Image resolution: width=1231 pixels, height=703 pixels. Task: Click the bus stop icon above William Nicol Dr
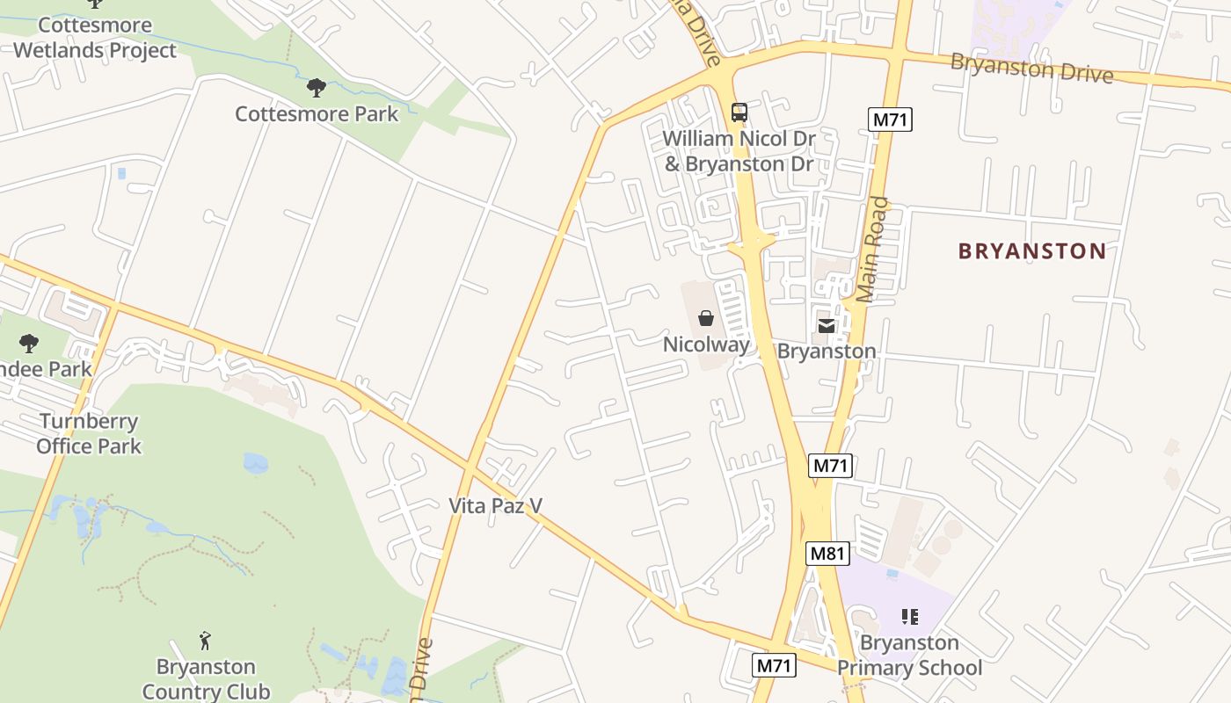[739, 112]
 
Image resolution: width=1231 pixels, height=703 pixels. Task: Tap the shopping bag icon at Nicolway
[706, 318]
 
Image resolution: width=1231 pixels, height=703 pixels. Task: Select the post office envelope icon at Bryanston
[826, 326]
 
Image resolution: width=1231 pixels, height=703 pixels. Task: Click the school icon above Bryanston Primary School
[910, 617]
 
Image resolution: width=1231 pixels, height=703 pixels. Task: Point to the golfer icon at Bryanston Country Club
[205, 640]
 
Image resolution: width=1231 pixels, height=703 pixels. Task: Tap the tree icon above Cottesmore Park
[317, 88]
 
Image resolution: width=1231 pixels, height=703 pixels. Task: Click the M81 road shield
[827, 554]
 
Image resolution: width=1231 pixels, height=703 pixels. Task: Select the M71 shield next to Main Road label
[890, 120]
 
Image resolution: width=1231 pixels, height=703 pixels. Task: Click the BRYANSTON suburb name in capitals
[1032, 251]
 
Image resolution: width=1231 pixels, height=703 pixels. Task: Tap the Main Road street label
[872, 250]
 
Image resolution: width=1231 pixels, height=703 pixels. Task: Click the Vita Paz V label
[496, 506]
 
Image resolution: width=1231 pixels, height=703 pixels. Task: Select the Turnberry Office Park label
[89, 433]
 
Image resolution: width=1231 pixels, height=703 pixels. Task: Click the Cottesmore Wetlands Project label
[95, 38]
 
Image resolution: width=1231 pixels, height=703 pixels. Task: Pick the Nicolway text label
[707, 344]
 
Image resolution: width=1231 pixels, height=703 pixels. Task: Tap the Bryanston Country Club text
[206, 678]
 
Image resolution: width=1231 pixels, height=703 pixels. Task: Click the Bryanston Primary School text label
[909, 656]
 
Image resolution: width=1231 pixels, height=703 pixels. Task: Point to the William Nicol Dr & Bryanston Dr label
[739, 151]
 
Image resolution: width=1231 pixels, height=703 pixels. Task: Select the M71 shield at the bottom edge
[775, 665]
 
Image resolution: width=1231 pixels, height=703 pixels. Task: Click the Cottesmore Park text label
[317, 114]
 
